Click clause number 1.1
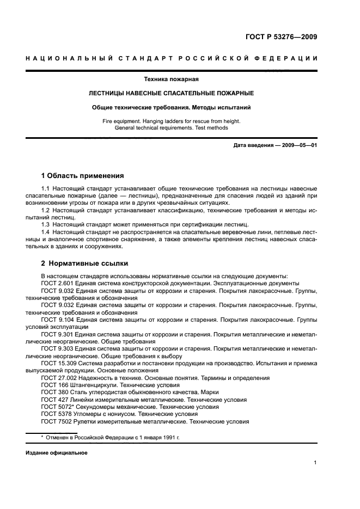(46, 188)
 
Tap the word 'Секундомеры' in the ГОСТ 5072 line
(100, 407)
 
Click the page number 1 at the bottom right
(315, 463)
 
